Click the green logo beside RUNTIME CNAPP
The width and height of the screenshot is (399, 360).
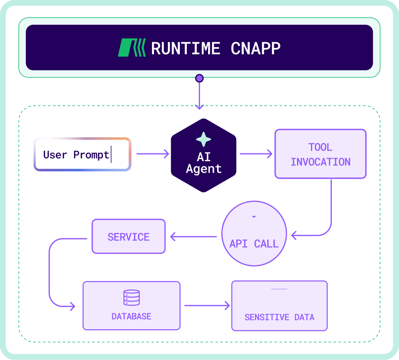131,48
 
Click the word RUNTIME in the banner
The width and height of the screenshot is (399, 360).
186,48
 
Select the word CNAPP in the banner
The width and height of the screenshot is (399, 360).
256,48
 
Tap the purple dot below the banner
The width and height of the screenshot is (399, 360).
199,78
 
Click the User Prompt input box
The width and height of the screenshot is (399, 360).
82,154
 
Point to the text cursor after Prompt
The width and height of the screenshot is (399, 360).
111,155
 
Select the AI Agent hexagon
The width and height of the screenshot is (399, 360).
204,156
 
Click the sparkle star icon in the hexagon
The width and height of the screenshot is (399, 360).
204,139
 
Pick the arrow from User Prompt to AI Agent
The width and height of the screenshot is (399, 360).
152,154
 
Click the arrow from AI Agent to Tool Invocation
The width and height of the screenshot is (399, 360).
256,154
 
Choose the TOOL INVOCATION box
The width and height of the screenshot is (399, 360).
320,154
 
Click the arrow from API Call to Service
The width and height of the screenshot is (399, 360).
193,236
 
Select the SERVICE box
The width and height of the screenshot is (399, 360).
129,237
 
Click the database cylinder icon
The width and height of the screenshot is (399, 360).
131,298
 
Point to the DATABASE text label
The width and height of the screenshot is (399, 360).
131,317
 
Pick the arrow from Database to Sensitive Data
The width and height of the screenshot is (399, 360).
207,305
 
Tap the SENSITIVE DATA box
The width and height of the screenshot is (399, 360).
279,306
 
